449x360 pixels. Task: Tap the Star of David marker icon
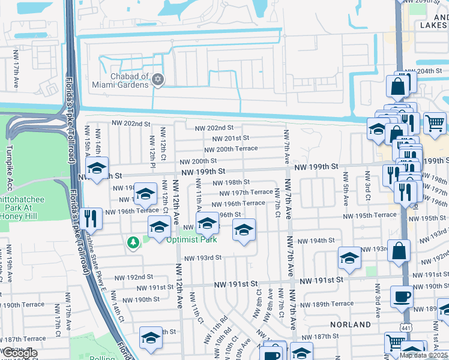[x=158, y=79]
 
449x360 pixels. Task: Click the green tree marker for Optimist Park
[x=133, y=242]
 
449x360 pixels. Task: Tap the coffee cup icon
[x=402, y=296]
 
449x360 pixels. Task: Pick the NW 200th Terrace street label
[x=231, y=149]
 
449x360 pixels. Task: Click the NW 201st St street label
[x=226, y=138]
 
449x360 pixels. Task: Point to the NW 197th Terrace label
[x=246, y=193]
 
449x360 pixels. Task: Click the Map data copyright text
[x=424, y=355]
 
